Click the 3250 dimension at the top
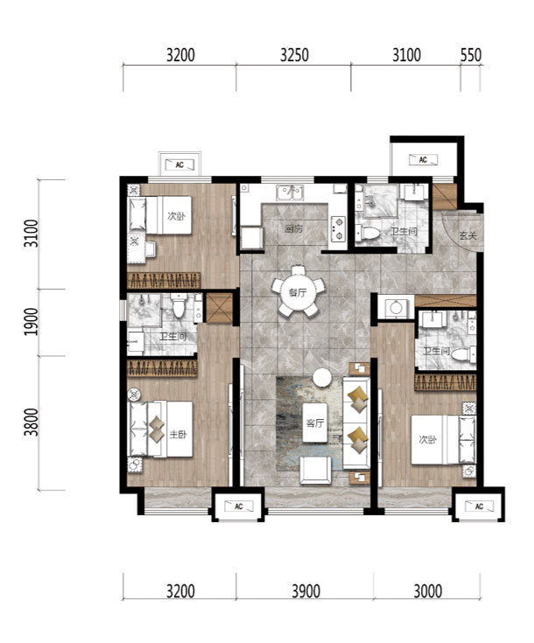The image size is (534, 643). point(294,55)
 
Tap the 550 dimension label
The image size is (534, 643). point(470,55)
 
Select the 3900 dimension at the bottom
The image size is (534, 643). point(306,591)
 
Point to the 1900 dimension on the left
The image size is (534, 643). point(31,322)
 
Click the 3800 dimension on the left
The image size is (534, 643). point(31,423)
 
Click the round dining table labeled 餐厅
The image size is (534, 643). point(298,292)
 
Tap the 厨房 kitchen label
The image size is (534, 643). point(294,229)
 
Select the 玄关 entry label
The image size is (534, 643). point(467,236)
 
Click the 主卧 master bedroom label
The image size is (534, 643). point(178,434)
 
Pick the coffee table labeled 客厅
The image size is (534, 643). point(315,423)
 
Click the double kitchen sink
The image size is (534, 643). point(290,192)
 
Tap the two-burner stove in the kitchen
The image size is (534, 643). point(339,228)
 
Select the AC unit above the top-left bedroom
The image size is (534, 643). point(179,164)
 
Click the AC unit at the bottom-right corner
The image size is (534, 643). point(479,506)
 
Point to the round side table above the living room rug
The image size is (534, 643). point(322,378)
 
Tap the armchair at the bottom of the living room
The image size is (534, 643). point(315,471)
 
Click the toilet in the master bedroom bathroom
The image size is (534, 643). point(178,306)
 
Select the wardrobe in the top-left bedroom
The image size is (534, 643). point(164,281)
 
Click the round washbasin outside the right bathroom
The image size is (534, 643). point(396,308)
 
